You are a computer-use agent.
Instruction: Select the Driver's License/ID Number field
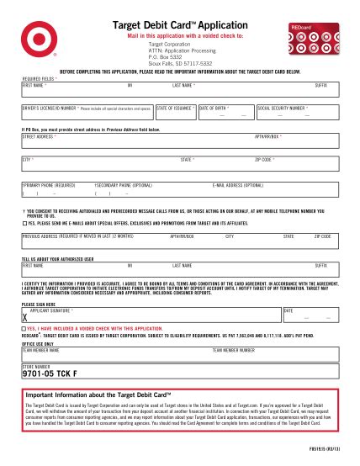tap(87, 114)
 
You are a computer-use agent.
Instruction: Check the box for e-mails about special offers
tap(24, 223)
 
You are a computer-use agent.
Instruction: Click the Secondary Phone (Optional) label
tap(124, 184)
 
